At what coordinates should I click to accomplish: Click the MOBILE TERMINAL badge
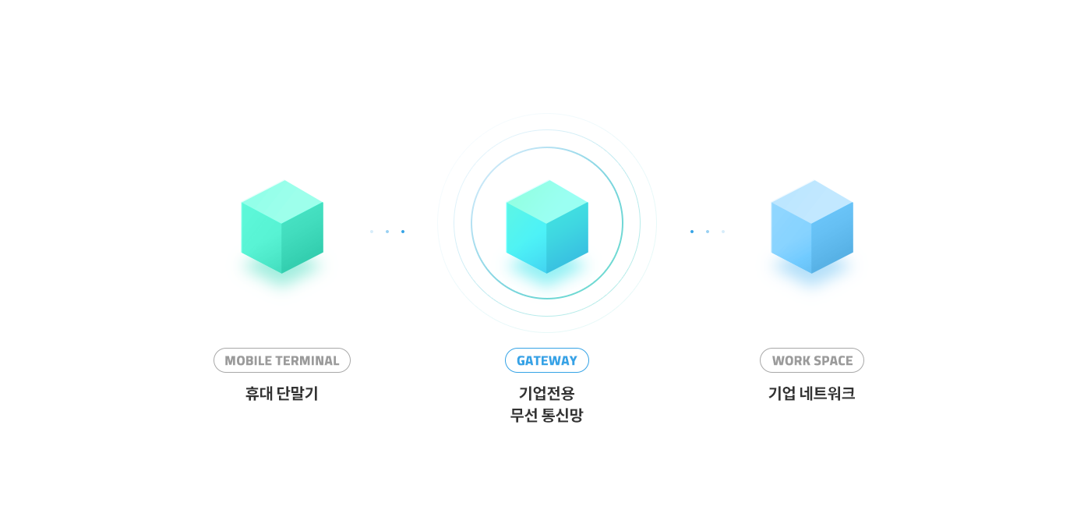281,360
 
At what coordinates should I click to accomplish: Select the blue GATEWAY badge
546,360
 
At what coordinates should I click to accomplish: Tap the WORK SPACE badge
811,360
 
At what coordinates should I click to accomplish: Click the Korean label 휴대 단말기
281,394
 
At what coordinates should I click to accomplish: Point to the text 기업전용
546,394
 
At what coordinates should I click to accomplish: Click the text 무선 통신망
546,416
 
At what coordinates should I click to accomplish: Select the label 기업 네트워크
811,394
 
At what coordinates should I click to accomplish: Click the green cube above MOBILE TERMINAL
282,227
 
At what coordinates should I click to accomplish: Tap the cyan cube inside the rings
547,227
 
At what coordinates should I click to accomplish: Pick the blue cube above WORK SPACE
812,227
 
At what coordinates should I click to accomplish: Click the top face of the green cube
282,201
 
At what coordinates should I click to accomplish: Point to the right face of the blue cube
832,238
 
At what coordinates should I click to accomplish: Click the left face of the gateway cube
527,238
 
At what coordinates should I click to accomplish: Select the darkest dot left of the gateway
403,232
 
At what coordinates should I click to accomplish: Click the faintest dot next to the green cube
372,232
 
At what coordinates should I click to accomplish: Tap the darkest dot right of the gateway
691,232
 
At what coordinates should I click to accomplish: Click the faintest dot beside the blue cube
723,232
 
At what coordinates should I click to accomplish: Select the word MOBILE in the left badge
245,361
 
